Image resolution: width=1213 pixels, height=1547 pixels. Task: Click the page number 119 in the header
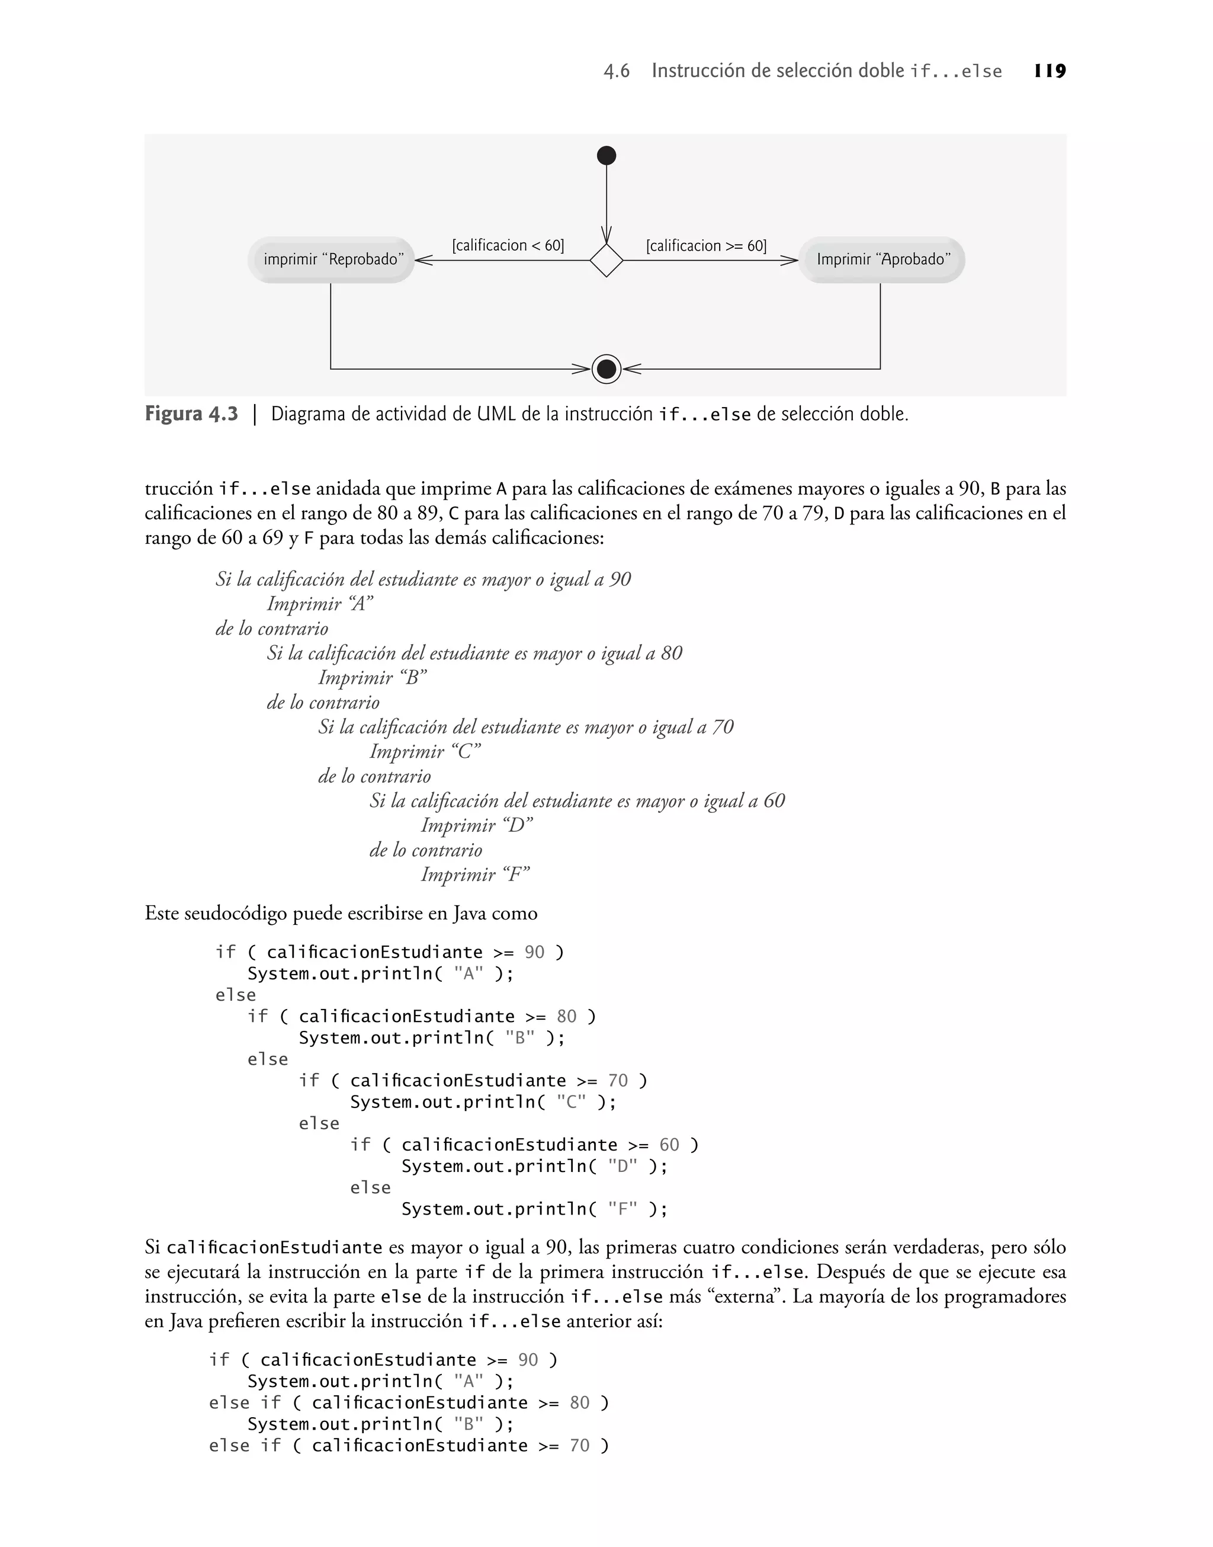(1050, 71)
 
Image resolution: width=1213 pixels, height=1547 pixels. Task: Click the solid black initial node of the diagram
(606, 156)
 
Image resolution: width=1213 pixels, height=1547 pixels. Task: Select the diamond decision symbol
(606, 261)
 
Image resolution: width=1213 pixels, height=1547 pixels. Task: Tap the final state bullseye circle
(606, 369)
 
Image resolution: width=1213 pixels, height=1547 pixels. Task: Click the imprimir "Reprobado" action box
(332, 260)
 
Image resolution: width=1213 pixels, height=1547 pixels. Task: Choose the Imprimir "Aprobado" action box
(881, 260)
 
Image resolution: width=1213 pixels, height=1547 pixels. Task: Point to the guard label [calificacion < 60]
(508, 246)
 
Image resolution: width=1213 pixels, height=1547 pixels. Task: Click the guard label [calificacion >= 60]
(706, 246)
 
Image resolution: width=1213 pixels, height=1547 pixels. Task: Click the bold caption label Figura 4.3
(191, 414)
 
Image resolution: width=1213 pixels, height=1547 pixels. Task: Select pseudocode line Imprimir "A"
(320, 604)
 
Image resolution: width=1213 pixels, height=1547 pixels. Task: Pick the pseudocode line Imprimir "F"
(475, 875)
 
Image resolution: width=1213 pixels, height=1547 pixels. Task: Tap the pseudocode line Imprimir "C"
(425, 751)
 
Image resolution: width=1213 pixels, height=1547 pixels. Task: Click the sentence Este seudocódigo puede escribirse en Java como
(341, 914)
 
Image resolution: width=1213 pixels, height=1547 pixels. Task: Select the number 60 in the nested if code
(669, 1145)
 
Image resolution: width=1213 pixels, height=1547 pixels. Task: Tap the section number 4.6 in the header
(617, 72)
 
